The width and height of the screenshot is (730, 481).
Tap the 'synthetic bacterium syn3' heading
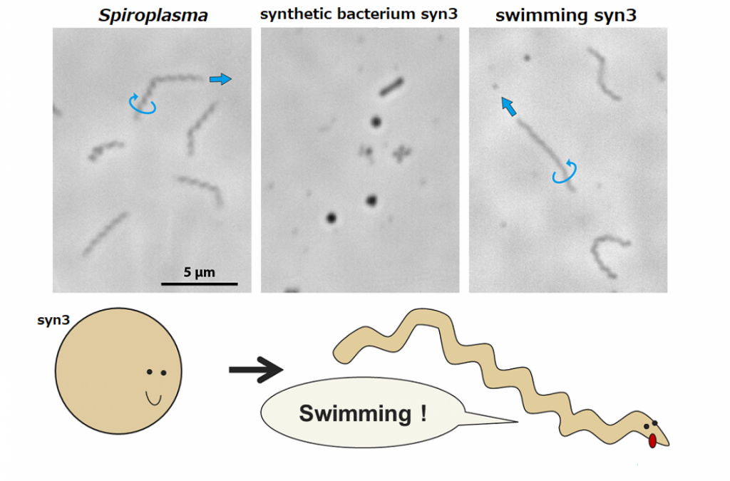359,14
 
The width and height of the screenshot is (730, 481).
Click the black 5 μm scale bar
199,284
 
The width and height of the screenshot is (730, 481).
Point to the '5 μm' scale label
200,272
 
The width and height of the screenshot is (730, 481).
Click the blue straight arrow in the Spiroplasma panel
221,79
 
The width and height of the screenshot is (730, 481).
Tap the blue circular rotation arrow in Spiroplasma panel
143,104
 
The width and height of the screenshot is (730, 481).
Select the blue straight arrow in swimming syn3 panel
507,106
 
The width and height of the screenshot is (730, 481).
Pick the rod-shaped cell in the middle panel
391,87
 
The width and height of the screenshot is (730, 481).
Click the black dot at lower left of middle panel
331,218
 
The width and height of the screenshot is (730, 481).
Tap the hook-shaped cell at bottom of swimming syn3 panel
607,256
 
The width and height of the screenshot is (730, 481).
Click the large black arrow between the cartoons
256,369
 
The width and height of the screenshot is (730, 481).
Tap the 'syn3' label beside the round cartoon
53,321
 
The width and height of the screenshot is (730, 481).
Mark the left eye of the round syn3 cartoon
149,372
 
